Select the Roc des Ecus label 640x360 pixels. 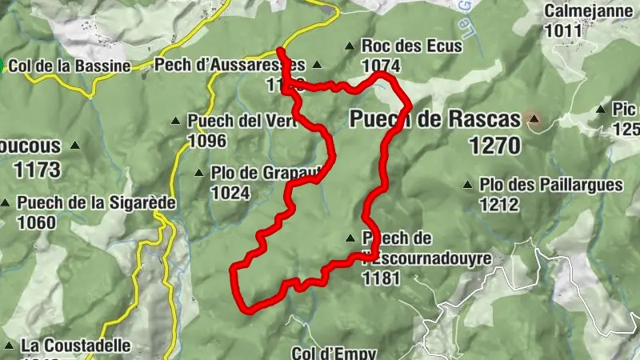tap(411, 46)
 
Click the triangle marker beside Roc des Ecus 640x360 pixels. tap(349, 46)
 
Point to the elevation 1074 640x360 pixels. tap(381, 66)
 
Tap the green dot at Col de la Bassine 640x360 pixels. tap(3, 65)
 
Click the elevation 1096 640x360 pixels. tap(207, 142)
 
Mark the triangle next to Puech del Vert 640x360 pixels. tap(176, 122)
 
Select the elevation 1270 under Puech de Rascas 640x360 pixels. tap(495, 146)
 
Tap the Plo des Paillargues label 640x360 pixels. tap(551, 185)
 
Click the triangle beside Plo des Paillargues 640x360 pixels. tap(468, 185)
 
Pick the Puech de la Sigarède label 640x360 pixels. tap(96, 202)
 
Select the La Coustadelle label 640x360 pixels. tap(76, 346)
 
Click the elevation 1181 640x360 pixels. tap(381, 278)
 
